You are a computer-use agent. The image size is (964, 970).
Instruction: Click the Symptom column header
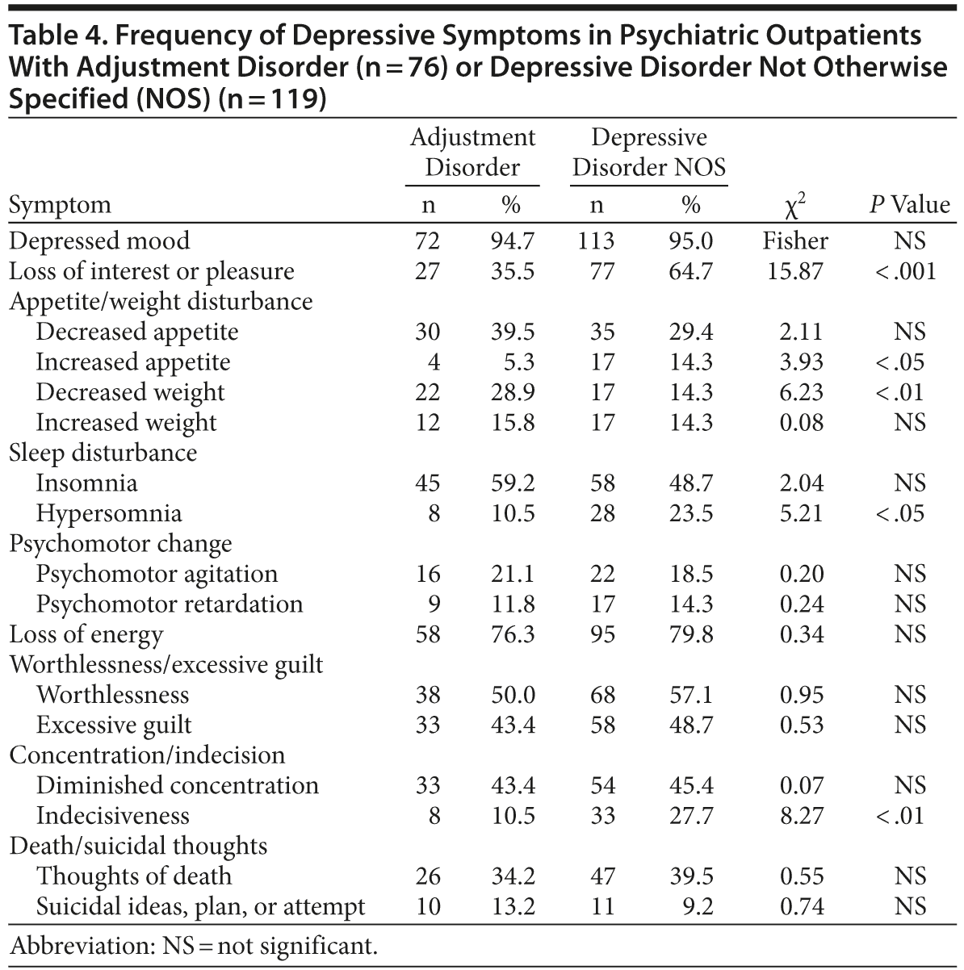tap(60, 205)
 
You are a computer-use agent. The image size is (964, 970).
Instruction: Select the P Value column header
tap(909, 205)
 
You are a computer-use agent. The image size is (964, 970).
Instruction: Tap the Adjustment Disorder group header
tap(472, 152)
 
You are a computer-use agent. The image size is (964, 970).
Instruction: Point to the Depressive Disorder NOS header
tap(649, 152)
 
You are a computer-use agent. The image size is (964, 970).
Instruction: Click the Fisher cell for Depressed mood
tap(795, 240)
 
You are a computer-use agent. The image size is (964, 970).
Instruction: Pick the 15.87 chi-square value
tap(795, 271)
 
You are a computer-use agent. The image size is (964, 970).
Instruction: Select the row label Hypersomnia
tap(109, 513)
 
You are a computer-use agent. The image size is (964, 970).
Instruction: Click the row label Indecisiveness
tap(112, 815)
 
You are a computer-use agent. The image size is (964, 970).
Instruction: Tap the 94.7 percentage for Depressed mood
tap(513, 240)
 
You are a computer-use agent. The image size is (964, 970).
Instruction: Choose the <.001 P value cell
tap(905, 271)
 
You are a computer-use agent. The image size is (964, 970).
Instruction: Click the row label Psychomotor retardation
tap(170, 604)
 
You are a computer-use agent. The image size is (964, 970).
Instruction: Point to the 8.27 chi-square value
tap(802, 815)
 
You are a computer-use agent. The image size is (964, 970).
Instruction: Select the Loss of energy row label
tap(86, 634)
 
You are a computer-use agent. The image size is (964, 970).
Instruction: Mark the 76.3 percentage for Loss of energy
tap(513, 634)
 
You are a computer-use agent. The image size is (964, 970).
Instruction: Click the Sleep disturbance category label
tap(103, 453)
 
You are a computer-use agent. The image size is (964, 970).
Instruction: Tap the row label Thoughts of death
tap(134, 876)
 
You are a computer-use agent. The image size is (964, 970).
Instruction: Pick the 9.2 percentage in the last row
tap(697, 906)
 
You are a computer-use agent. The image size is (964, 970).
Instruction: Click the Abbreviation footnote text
tap(193, 945)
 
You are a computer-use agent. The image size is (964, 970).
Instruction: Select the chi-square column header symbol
tap(795, 205)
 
